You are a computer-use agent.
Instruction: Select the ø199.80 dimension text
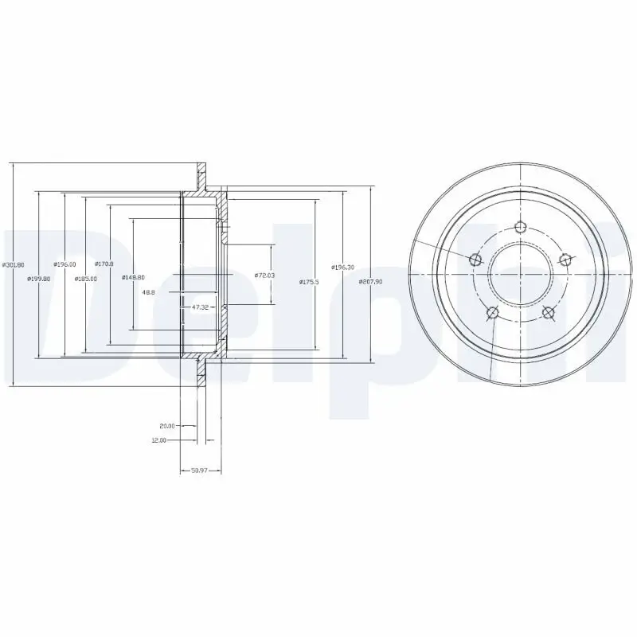pyautogui.click(x=39, y=278)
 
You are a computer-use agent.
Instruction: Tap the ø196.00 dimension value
pyautogui.click(x=64, y=264)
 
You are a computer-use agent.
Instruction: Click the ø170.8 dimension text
pyautogui.click(x=104, y=264)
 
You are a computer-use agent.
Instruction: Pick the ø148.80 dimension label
pyautogui.click(x=133, y=277)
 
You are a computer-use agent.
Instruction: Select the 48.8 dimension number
pyautogui.click(x=149, y=292)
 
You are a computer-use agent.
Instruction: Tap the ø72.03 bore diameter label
pyautogui.click(x=264, y=276)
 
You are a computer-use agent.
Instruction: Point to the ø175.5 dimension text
pyautogui.click(x=309, y=281)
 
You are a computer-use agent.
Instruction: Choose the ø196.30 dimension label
pyautogui.click(x=343, y=268)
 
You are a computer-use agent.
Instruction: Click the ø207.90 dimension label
pyautogui.click(x=371, y=281)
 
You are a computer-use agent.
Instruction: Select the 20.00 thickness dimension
pyautogui.click(x=166, y=425)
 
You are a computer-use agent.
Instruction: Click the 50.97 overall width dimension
pyautogui.click(x=200, y=470)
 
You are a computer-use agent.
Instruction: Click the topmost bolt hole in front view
pyautogui.click(x=520, y=227)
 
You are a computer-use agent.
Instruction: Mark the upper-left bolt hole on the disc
pyautogui.click(x=476, y=259)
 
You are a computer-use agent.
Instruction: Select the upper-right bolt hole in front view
pyautogui.click(x=565, y=259)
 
